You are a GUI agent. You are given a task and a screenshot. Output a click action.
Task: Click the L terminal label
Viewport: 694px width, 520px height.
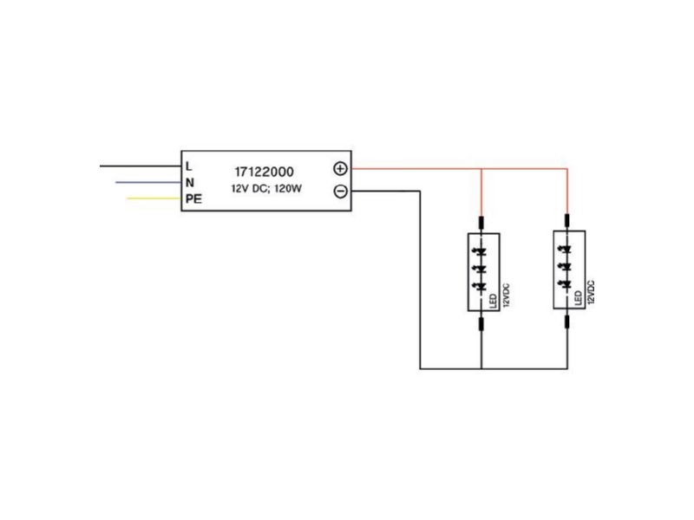(x=189, y=166)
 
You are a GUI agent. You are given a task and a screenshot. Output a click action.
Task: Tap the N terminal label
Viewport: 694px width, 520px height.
(x=190, y=183)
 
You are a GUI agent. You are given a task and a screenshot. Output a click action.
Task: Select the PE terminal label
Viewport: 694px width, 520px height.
(x=193, y=199)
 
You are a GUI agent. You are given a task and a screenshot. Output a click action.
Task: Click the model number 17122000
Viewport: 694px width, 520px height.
(x=264, y=172)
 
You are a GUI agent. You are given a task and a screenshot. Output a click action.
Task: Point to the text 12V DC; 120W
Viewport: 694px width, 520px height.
(x=266, y=189)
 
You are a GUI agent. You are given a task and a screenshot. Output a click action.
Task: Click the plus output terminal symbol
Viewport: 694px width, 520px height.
(x=340, y=168)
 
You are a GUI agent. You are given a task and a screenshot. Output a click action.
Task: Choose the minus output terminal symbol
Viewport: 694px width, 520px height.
(x=340, y=192)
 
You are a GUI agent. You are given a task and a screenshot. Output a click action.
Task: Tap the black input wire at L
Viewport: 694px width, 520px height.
(x=141, y=166)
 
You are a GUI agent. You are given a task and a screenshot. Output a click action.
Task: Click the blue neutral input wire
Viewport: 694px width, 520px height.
(x=148, y=182)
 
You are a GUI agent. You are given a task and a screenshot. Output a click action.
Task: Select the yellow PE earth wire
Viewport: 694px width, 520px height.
(x=154, y=198)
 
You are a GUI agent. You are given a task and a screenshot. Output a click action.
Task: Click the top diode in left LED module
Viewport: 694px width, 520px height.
(x=481, y=252)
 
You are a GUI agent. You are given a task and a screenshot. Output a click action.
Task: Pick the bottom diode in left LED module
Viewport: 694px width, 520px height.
(x=481, y=286)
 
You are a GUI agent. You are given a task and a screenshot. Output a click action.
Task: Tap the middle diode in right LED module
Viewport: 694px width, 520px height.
(x=566, y=266)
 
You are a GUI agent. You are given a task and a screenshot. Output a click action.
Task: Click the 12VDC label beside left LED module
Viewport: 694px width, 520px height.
(x=507, y=296)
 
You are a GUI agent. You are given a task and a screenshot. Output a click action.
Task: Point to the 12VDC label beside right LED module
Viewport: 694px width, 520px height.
(x=591, y=292)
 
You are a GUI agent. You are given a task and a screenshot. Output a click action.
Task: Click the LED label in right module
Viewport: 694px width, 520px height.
(x=578, y=297)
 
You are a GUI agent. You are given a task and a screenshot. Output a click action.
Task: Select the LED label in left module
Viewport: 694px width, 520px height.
(x=493, y=301)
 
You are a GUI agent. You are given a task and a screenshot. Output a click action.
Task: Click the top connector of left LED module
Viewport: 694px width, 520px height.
(x=481, y=223)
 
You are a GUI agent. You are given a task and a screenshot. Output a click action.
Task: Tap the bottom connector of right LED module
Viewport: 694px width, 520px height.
(x=567, y=322)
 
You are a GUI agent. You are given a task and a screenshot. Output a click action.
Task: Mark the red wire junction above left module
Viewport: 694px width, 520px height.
(x=481, y=169)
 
